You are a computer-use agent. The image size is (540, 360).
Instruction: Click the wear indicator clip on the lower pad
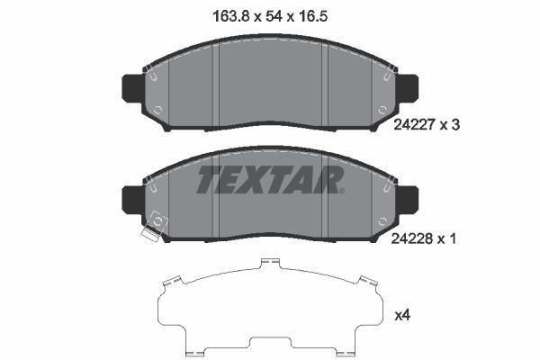click(150, 237)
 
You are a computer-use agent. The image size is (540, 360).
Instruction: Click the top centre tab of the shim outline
click(267, 263)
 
